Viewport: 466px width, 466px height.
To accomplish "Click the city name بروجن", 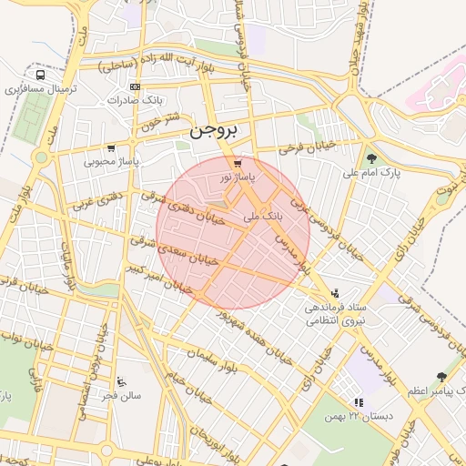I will point(213,132).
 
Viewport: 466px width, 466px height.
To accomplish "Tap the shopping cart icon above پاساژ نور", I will point(238,164).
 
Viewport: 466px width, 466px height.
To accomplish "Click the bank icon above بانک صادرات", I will point(135,86).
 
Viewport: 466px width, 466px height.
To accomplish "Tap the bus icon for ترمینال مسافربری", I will point(40,76).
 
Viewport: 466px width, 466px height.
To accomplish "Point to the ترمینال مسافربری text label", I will point(37,90).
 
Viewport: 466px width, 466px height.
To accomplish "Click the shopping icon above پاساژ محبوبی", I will point(111,148).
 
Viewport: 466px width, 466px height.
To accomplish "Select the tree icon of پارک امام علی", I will point(371,159).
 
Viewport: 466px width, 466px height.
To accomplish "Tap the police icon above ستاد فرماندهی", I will point(337,294).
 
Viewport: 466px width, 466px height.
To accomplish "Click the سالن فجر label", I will point(121,395).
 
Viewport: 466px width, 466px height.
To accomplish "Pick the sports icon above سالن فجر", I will point(122,381).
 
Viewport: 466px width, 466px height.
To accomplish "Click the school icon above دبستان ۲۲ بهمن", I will point(359,401).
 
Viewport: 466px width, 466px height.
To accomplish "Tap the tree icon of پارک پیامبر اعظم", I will point(441,377).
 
